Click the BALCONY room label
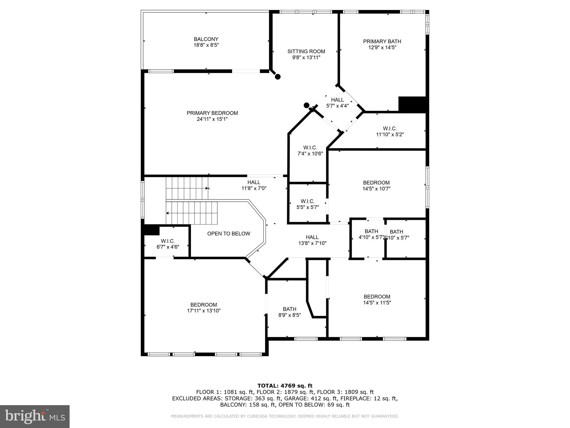(x=206, y=39)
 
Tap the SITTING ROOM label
(x=306, y=52)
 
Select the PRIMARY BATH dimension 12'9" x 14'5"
(x=382, y=48)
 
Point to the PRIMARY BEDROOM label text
(x=212, y=113)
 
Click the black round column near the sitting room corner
(x=277, y=77)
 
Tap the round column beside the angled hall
(x=306, y=105)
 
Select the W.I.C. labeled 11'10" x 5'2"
(x=390, y=132)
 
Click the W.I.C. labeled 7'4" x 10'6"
(x=310, y=150)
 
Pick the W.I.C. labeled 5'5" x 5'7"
(x=308, y=204)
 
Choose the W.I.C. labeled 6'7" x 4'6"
(x=168, y=244)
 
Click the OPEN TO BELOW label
(x=229, y=234)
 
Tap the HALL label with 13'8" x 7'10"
(x=312, y=237)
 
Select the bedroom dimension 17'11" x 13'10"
(x=204, y=311)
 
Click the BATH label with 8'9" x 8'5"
(x=289, y=309)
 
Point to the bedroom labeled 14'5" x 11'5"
(x=377, y=300)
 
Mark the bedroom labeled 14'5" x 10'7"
(x=376, y=186)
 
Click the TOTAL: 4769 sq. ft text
(x=285, y=386)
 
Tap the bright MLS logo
(x=35, y=416)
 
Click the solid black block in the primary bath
(x=412, y=104)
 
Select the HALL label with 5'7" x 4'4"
(x=337, y=100)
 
